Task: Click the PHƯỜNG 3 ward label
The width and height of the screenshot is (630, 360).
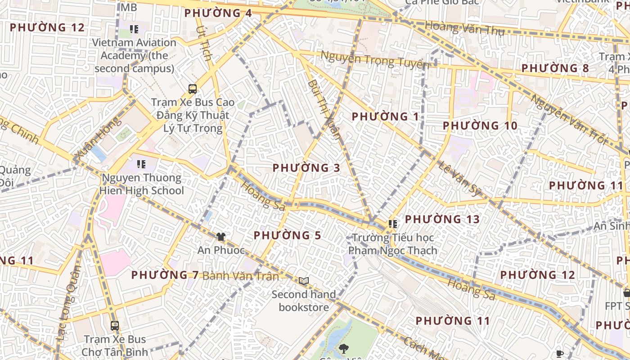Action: tap(306, 168)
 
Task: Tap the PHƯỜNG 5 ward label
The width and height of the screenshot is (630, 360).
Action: tap(287, 235)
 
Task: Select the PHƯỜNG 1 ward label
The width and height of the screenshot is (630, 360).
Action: tap(385, 117)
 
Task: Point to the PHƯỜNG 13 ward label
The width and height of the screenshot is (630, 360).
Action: tap(442, 219)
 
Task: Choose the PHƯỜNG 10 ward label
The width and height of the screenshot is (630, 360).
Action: tap(480, 126)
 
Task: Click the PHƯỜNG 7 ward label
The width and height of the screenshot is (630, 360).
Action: tap(165, 274)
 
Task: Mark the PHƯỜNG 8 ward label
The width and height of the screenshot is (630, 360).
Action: tap(555, 68)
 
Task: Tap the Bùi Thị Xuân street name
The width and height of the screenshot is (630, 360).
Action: tap(324, 110)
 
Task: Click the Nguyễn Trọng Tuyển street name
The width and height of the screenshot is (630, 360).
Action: tap(374, 60)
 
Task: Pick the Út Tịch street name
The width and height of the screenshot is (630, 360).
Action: tap(204, 44)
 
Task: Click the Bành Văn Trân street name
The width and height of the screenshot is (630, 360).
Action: tap(241, 276)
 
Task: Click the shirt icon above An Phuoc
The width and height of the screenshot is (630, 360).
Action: tap(220, 236)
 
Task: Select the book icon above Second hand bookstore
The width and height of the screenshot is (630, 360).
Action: tap(304, 281)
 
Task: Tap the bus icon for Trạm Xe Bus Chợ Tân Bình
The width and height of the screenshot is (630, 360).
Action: tap(115, 325)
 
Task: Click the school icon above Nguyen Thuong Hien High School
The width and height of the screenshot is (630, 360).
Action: tap(141, 164)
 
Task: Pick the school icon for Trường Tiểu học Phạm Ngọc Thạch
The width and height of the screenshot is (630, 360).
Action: tap(393, 224)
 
